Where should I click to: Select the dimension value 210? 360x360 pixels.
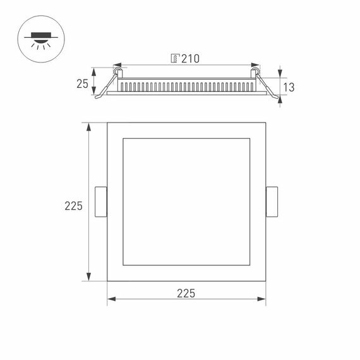point(190,59)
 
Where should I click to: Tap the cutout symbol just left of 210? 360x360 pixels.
point(175,59)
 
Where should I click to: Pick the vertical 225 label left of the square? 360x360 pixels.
point(74,205)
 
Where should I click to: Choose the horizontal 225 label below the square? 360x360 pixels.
point(186,293)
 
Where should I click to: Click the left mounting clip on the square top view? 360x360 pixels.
point(100,202)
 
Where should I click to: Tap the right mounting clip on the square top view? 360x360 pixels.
point(272,202)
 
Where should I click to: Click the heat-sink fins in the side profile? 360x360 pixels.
point(186,85)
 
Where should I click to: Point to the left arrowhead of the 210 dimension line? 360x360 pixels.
point(116,65)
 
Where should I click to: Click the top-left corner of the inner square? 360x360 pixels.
point(123,138)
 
